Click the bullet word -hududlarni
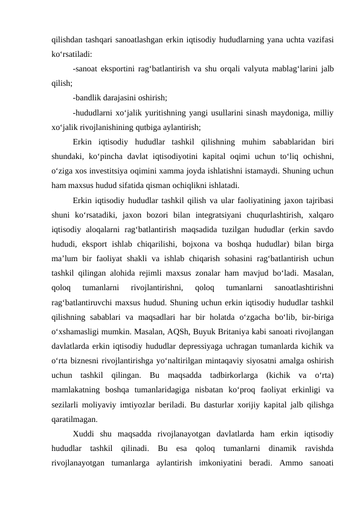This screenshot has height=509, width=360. coord(92,112)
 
